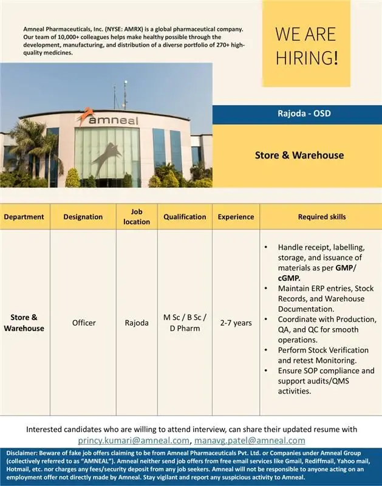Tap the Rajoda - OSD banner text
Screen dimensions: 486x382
coord(296,114)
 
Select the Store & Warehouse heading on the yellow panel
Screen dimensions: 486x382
coord(299,155)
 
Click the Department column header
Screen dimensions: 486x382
coord(24,217)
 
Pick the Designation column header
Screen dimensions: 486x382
coord(83,217)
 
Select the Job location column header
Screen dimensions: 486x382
coord(137,217)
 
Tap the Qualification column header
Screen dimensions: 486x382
coord(185,217)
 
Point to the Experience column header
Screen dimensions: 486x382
coord(236,217)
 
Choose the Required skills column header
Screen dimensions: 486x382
coord(322,217)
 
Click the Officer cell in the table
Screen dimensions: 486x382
coord(84,323)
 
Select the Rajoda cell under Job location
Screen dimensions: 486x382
coord(137,323)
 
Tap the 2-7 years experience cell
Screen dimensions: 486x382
coord(236,323)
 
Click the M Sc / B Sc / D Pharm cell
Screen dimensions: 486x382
coord(185,323)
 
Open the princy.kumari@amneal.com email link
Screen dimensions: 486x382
coord(134,440)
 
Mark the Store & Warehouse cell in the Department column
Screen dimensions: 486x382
coord(24,323)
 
